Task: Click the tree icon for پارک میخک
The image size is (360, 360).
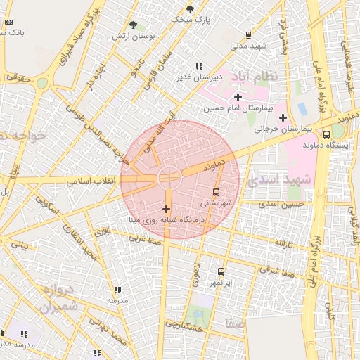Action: (x=190, y=9)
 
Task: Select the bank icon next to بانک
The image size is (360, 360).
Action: (x=8, y=22)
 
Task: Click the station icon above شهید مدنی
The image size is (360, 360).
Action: (x=248, y=34)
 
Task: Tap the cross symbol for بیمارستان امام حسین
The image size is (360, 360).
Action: (x=238, y=97)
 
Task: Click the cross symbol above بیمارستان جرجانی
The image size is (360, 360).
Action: (x=283, y=117)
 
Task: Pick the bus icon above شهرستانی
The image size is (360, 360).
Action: (x=216, y=191)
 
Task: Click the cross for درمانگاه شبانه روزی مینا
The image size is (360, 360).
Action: (x=166, y=209)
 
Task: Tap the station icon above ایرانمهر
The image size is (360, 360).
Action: (x=221, y=271)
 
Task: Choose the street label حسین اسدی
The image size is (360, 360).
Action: (x=281, y=204)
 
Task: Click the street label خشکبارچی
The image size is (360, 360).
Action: (x=184, y=324)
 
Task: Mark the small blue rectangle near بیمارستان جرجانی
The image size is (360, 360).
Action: (x=302, y=110)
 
